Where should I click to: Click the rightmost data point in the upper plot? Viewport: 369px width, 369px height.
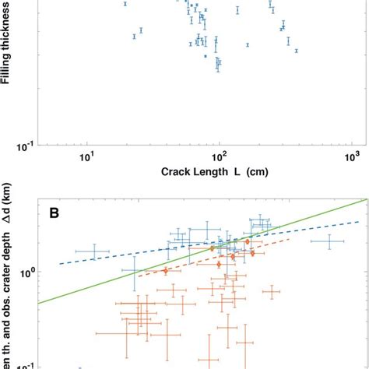pyautogui.click(x=297, y=50)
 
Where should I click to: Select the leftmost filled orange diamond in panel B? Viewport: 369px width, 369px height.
pyautogui.click(x=165, y=271)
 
